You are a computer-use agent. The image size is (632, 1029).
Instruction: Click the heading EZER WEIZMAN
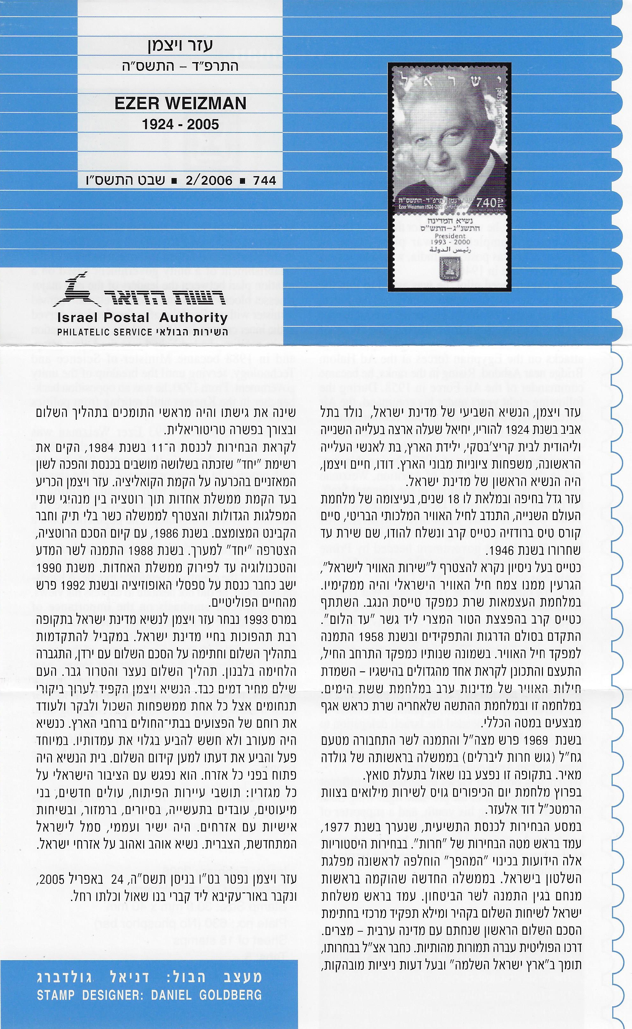coord(180,103)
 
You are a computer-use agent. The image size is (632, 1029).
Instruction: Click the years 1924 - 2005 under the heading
coord(180,124)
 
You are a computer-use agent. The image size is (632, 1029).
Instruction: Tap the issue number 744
coord(264,180)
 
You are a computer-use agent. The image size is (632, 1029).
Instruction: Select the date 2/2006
coord(209,180)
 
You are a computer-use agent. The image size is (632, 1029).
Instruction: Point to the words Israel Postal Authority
coord(142,318)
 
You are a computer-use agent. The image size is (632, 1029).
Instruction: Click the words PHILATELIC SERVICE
coord(104,332)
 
